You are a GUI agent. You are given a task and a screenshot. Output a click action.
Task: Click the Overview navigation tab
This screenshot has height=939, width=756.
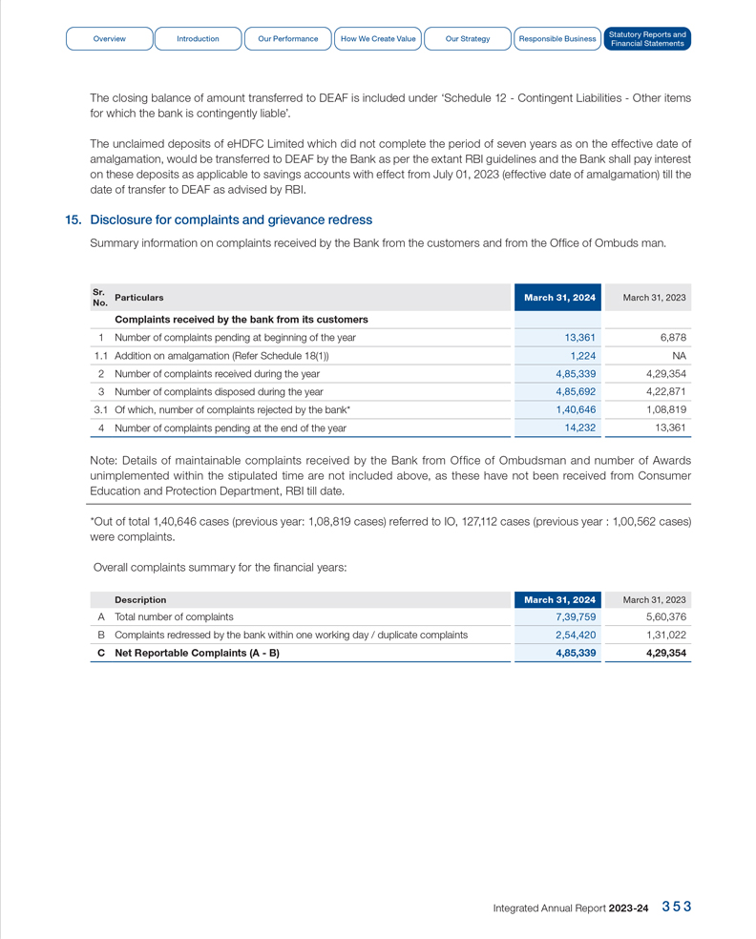pos(109,39)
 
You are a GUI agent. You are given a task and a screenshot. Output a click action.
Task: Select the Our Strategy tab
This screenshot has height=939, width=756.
pos(468,39)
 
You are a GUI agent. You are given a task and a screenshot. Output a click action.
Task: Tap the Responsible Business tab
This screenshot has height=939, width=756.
pos(557,39)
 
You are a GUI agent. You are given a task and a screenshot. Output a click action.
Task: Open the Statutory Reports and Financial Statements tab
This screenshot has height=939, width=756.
pos(646,39)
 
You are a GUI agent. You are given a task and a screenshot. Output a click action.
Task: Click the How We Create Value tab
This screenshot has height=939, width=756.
pos(378,39)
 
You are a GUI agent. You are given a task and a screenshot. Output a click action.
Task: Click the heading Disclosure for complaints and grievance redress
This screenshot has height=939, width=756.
pos(231,220)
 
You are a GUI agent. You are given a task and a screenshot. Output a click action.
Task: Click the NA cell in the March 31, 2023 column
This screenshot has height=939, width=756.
pos(679,355)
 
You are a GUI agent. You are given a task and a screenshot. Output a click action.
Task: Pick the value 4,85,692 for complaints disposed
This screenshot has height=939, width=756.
pos(576,391)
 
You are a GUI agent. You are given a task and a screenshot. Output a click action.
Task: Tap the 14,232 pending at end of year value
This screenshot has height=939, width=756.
pos(580,428)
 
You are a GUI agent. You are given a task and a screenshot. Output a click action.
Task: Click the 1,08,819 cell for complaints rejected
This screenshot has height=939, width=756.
pos(665,409)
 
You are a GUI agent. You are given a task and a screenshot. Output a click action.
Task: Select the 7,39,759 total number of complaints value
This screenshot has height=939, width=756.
pos(576,617)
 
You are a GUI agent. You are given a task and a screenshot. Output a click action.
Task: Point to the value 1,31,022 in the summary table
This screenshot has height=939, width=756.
pos(665,635)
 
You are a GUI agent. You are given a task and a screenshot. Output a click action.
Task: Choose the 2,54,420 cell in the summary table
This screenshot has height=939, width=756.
pos(576,635)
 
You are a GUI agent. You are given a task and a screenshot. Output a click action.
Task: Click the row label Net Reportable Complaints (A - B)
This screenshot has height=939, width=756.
pos(197,654)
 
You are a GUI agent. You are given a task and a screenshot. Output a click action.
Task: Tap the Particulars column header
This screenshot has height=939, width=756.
pos(138,298)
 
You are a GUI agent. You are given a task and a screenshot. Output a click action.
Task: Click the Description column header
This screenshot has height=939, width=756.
pos(140,599)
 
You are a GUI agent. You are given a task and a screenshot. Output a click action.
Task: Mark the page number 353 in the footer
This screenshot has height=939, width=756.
pos(677,907)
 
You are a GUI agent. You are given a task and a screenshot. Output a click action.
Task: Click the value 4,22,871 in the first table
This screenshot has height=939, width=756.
pos(665,391)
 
